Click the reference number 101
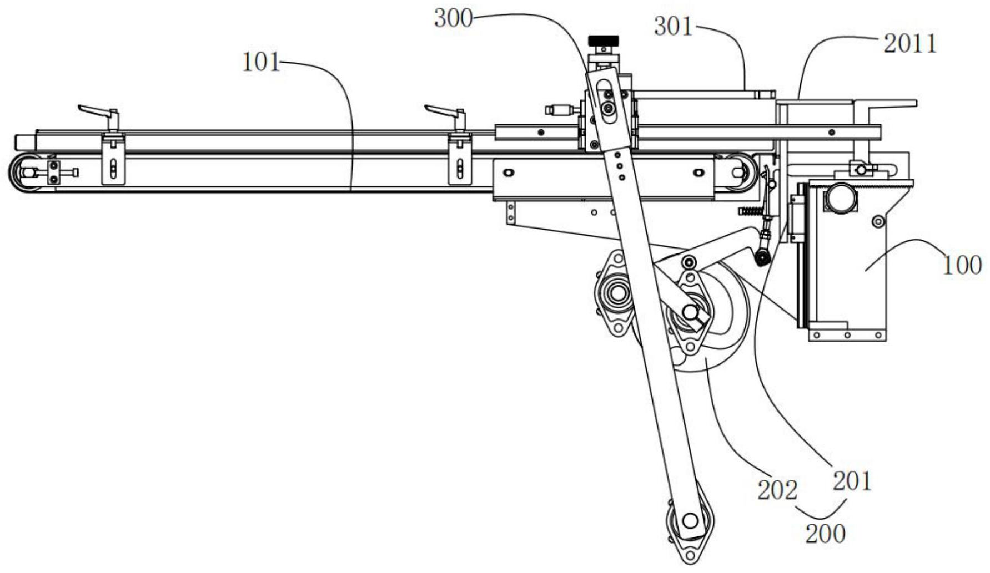pyautogui.click(x=261, y=62)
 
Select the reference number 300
pyautogui.click(x=453, y=18)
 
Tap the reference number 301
pyautogui.click(x=673, y=26)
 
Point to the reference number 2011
pyautogui.click(x=909, y=44)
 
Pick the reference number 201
pyautogui.click(x=852, y=480)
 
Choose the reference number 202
pyautogui.click(x=777, y=489)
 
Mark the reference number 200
pyautogui.click(x=825, y=534)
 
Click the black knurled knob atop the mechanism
pyautogui.click(x=603, y=40)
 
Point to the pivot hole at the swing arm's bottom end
pyautogui.click(x=690, y=521)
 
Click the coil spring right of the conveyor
pyautogui.click(x=750, y=211)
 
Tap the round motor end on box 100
pyautogui.click(x=841, y=197)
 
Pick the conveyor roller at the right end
pyautogui.click(x=738, y=172)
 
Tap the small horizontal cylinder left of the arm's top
pyautogui.click(x=561, y=109)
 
